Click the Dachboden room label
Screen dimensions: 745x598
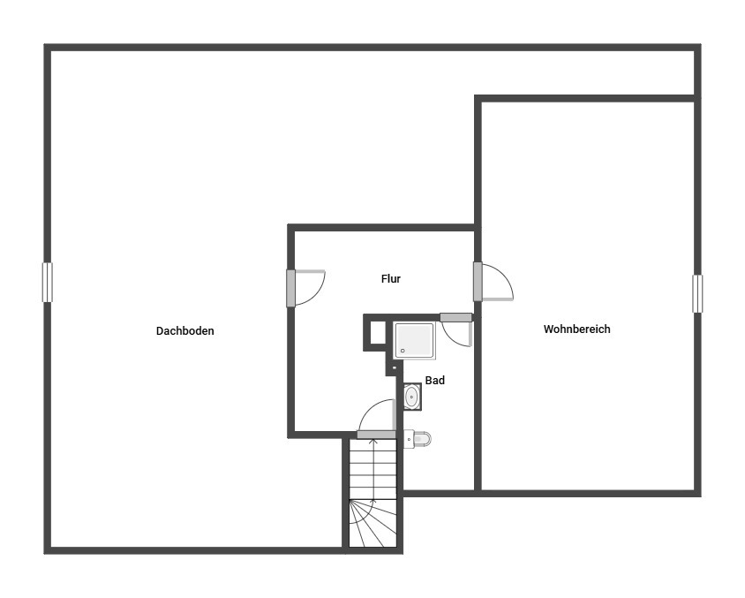[184, 331]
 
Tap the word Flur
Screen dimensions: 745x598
[390, 278]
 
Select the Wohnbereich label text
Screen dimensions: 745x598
[576, 329]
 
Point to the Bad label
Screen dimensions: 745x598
[435, 381]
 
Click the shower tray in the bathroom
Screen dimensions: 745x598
[414, 340]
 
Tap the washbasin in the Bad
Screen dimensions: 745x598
[411, 396]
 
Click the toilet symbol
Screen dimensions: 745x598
[418, 439]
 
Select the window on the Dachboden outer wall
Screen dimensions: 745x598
[47, 283]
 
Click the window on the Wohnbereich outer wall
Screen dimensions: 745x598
[697, 294]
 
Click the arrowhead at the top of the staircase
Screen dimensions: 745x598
[373, 442]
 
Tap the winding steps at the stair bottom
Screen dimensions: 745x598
[373, 523]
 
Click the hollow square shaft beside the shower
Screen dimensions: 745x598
[378, 332]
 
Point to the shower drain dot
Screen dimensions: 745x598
[403, 351]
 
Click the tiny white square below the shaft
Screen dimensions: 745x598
[394, 367]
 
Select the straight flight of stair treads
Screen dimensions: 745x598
[373, 469]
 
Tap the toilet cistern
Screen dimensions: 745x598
[408, 439]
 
